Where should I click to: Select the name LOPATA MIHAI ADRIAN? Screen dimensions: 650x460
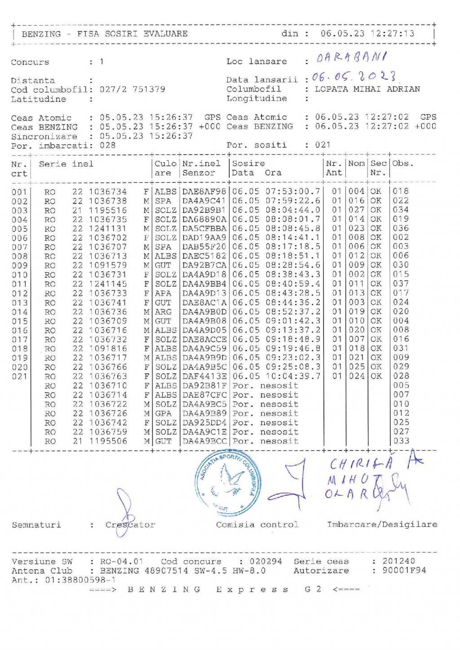(367, 89)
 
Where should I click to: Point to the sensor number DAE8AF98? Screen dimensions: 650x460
(204, 192)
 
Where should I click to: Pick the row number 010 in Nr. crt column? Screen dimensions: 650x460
(19, 275)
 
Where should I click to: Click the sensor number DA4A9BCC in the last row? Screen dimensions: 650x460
(204, 441)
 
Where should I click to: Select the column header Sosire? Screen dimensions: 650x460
(248, 164)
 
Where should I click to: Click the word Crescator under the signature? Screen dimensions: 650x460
(130, 525)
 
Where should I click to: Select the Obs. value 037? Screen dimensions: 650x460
(401, 284)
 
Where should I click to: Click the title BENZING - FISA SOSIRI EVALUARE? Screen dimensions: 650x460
(105, 34)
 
